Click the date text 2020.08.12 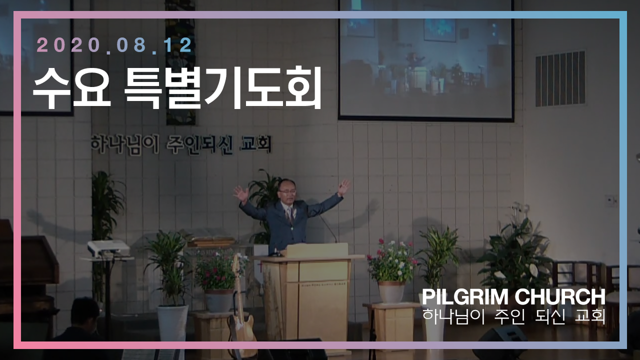click(x=114, y=45)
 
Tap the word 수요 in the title click(x=71, y=88)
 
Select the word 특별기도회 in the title click(x=223, y=88)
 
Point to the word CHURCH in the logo click(x=560, y=297)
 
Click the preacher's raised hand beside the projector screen click(x=343, y=187)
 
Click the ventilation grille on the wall click(x=560, y=78)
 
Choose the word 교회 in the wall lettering click(x=256, y=145)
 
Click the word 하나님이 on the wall click(x=124, y=144)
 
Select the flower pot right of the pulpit click(x=391, y=291)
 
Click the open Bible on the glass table click(x=211, y=241)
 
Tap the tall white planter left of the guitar click(x=172, y=323)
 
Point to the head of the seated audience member click(x=85, y=312)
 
